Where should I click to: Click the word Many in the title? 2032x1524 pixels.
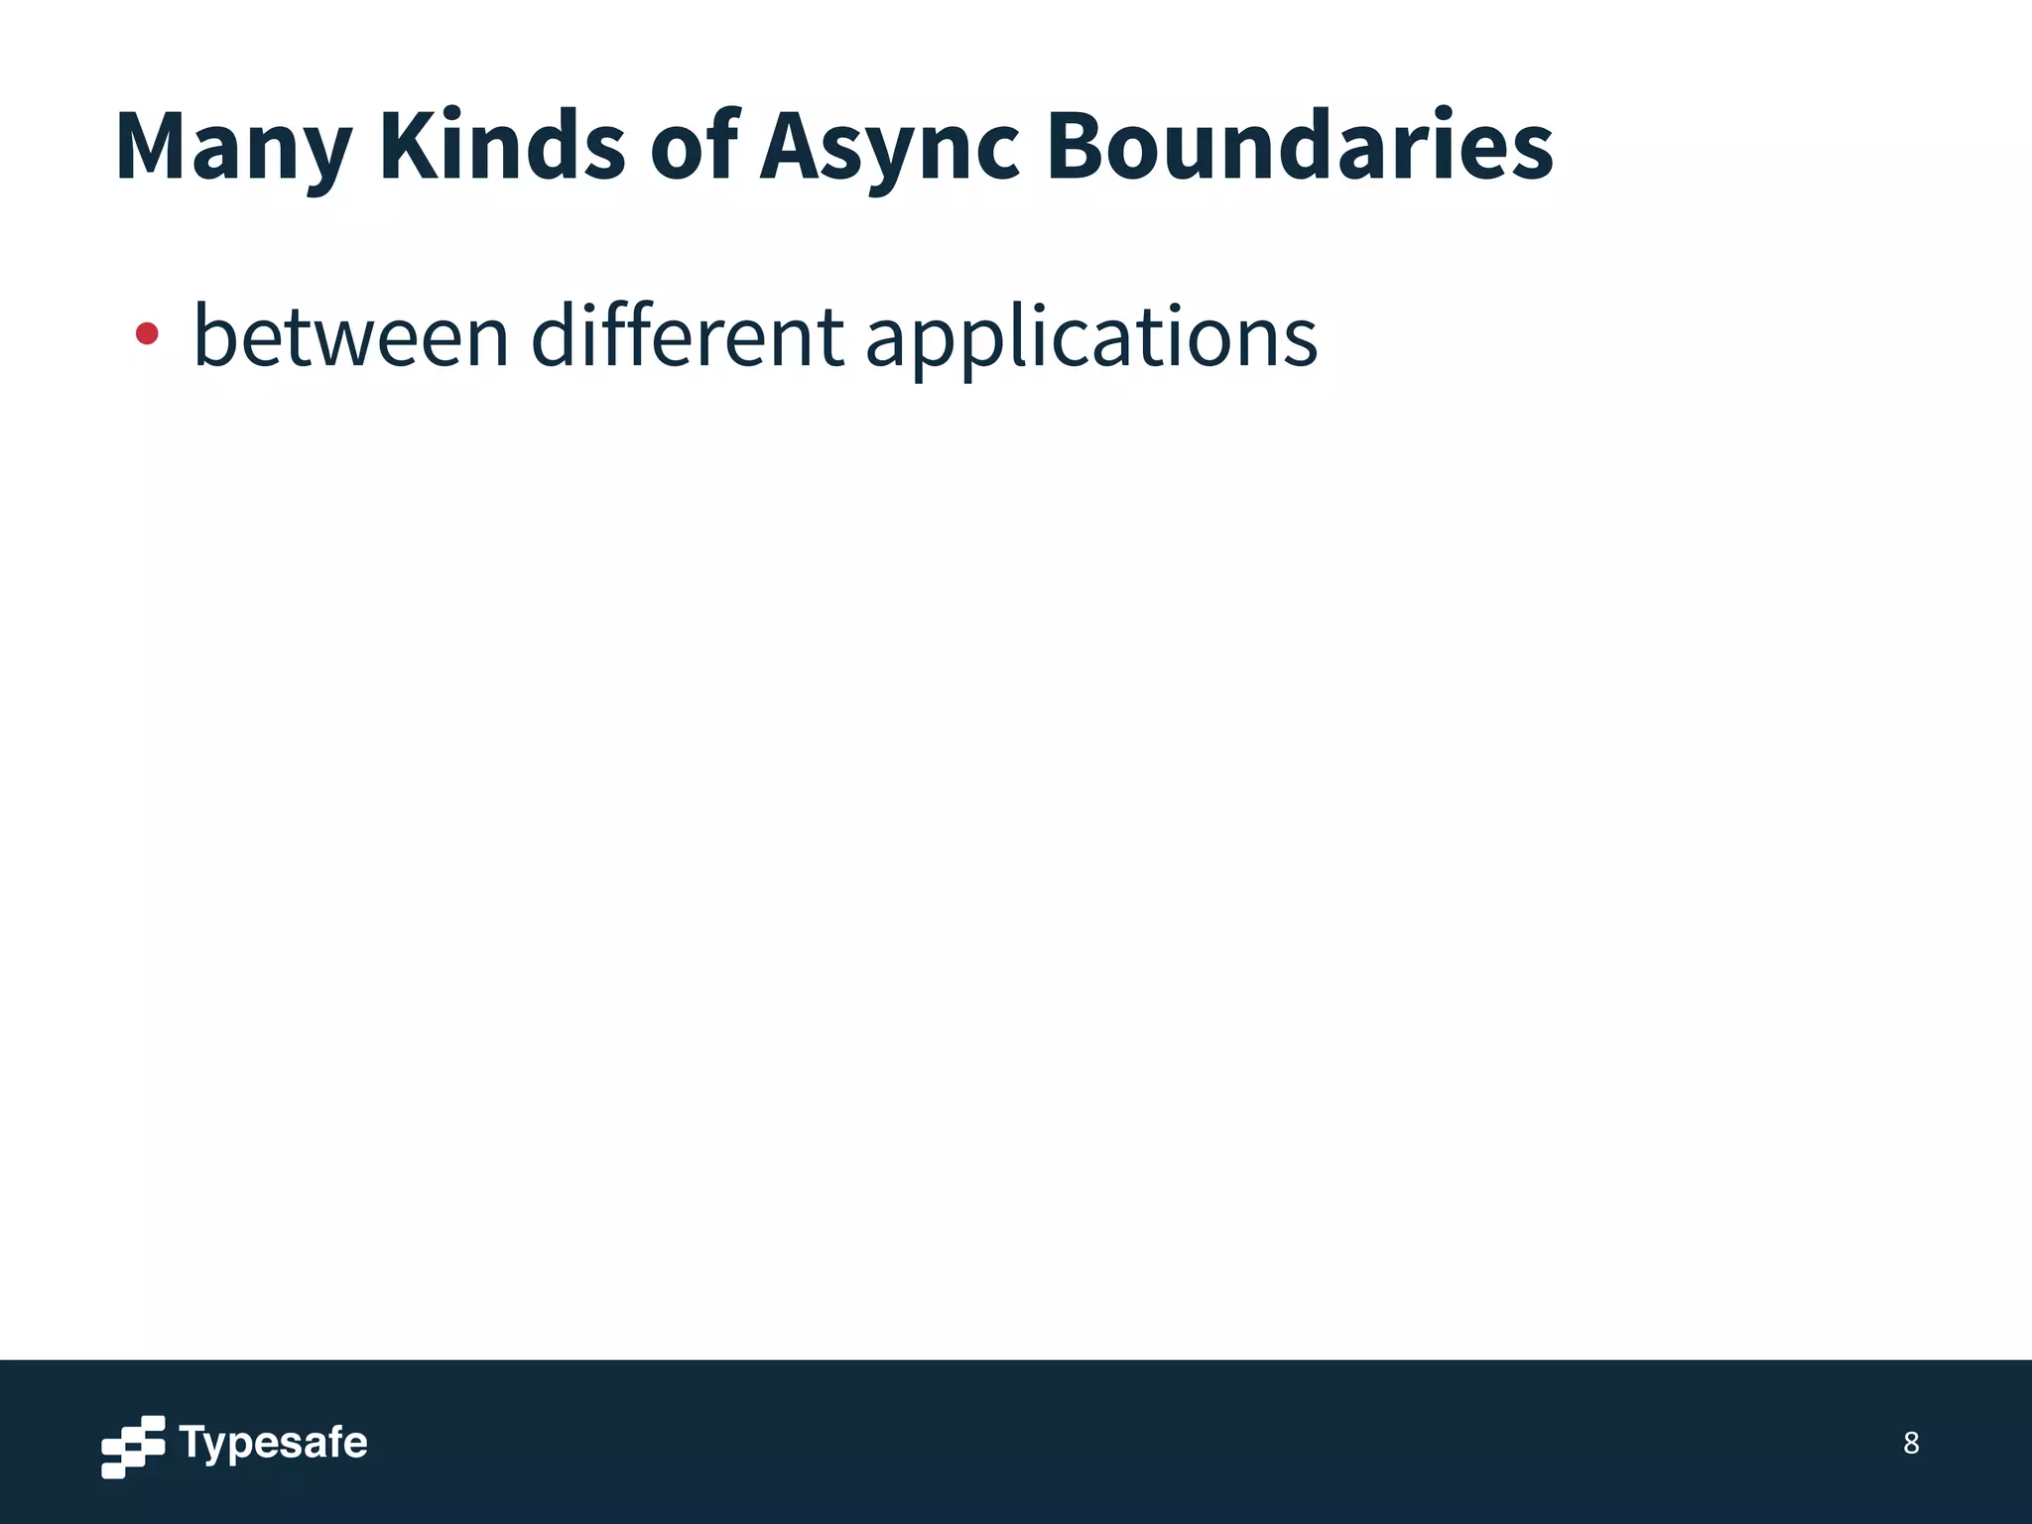(x=233, y=147)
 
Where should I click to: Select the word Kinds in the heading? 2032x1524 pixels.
(x=502, y=147)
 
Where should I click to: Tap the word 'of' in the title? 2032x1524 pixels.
(x=695, y=147)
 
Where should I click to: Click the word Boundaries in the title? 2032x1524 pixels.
(x=1300, y=147)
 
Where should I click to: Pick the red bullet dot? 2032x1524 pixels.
(x=147, y=334)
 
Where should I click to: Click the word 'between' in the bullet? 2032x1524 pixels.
(x=351, y=336)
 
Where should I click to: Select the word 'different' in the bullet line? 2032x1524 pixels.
(x=687, y=336)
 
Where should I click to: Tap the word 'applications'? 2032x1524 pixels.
(x=1091, y=336)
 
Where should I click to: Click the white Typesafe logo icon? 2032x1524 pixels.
(x=133, y=1446)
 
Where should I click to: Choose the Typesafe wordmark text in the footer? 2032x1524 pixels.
(x=273, y=1444)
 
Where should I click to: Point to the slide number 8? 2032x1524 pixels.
(x=1911, y=1443)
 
